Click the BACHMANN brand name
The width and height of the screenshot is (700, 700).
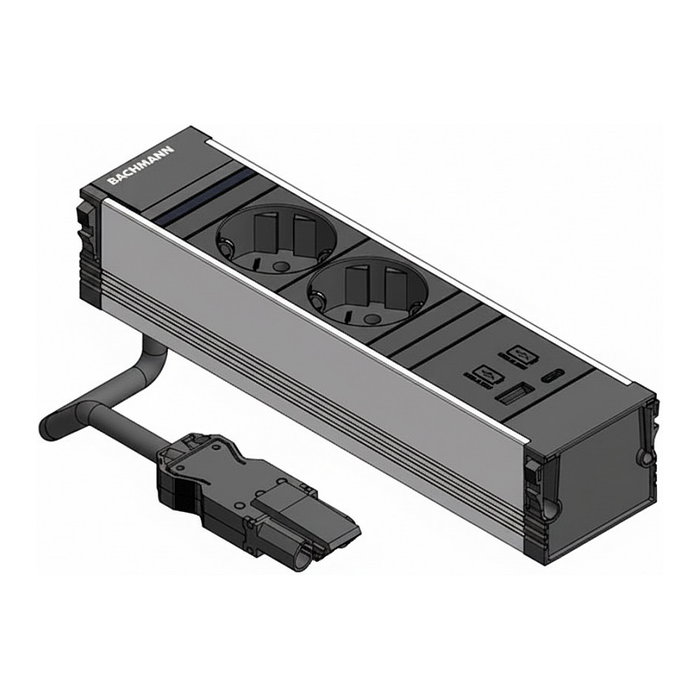[x=140, y=164]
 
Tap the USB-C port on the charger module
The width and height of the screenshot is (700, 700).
[x=553, y=375]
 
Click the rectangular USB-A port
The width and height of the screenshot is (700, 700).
[x=510, y=394]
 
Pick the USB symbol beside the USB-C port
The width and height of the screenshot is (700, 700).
[x=525, y=353]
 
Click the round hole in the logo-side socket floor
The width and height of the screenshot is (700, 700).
[x=280, y=266]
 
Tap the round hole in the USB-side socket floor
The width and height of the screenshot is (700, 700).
[x=371, y=317]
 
